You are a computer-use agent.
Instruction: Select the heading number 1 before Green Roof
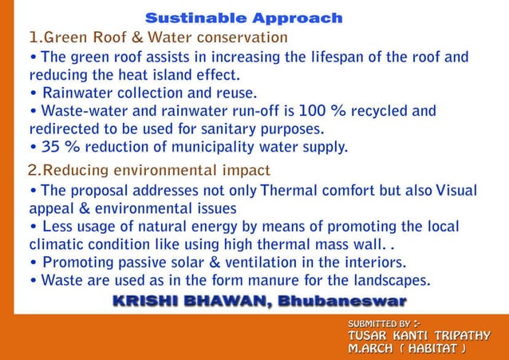coord(34,38)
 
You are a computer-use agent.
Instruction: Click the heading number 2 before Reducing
coord(33,170)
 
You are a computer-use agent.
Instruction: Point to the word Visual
coord(450,191)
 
